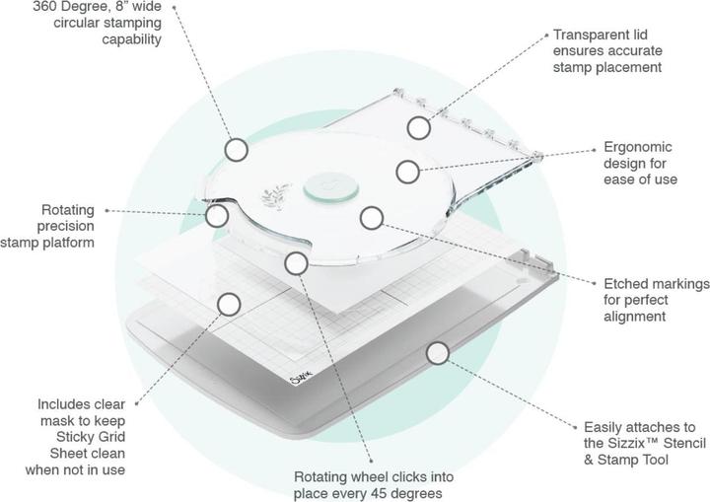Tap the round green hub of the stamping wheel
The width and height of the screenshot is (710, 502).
[x=331, y=187]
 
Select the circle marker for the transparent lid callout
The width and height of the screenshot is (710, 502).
[x=418, y=128]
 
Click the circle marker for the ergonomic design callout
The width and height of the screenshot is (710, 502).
[x=407, y=172]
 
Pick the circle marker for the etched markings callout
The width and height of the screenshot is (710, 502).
[x=372, y=218]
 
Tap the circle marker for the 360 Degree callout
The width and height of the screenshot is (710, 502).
[x=236, y=150]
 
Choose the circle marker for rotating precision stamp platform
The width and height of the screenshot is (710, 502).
[x=216, y=216]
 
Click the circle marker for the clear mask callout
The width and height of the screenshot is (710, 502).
[x=229, y=304]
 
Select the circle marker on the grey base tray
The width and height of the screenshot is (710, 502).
[x=438, y=353]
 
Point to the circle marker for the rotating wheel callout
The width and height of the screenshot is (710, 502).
[x=297, y=263]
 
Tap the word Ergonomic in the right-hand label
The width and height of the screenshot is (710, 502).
[x=638, y=147]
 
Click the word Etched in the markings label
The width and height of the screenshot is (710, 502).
[x=624, y=284]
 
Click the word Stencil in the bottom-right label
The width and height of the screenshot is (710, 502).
[x=682, y=443]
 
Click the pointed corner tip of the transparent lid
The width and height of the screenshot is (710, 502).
[x=538, y=156]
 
